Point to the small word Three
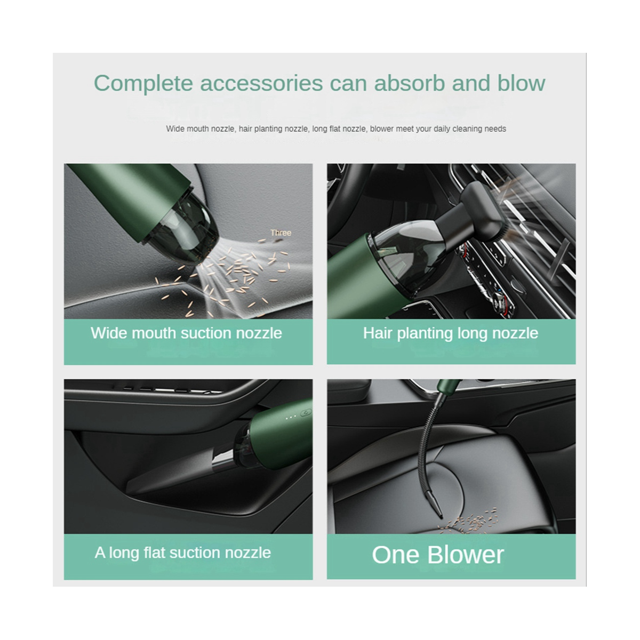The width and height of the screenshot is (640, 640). (x=281, y=233)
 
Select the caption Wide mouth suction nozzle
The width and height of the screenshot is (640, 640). (x=186, y=333)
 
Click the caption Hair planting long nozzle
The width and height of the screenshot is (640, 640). (x=451, y=333)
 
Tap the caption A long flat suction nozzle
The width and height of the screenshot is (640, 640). (x=183, y=553)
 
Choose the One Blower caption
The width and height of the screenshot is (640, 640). (x=437, y=555)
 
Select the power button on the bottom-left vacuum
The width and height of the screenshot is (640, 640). (x=307, y=412)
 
